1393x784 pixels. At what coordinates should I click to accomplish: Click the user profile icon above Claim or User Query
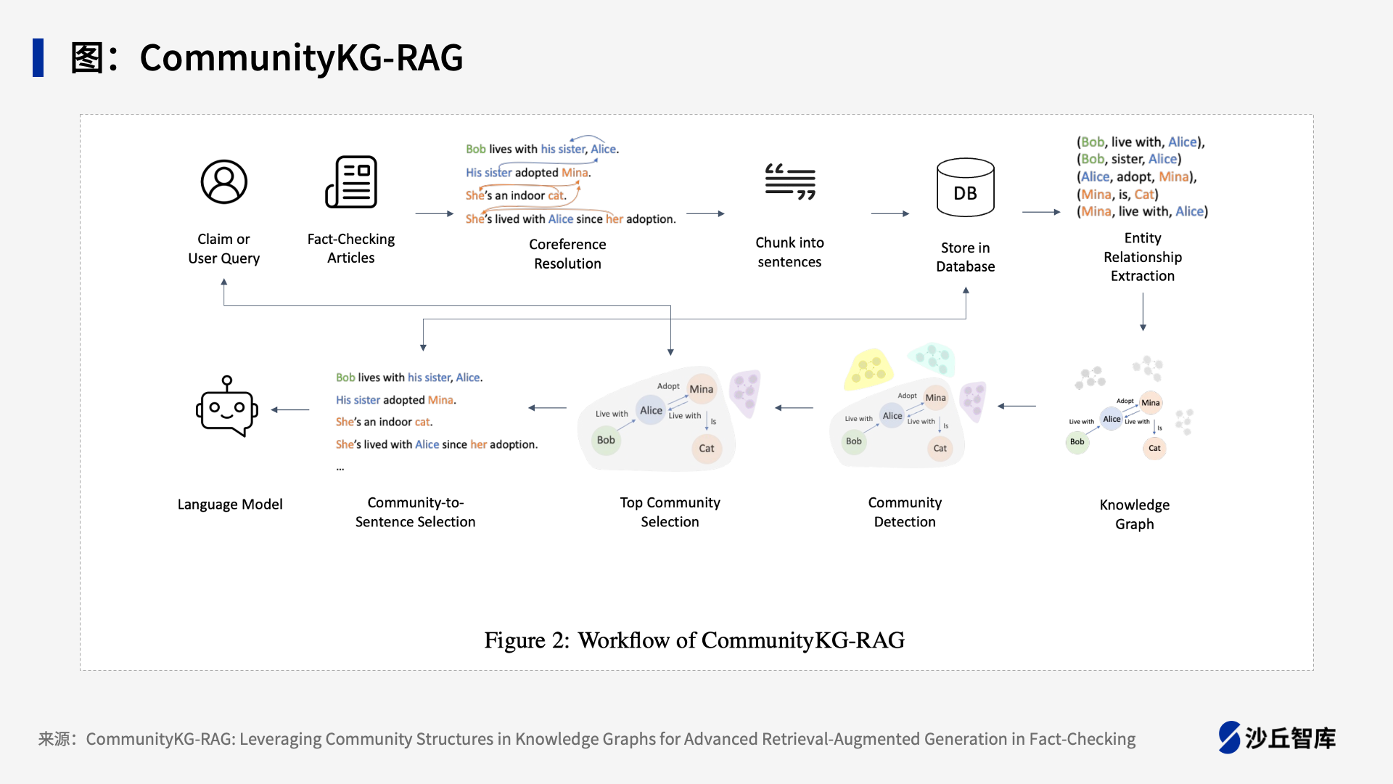click(x=224, y=181)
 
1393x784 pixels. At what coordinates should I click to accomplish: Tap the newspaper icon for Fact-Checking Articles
click(x=351, y=181)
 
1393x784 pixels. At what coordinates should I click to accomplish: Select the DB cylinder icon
click(x=966, y=187)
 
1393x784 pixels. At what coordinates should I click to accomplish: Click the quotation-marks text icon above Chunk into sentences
click(x=790, y=181)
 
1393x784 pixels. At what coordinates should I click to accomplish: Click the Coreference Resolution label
click(x=567, y=254)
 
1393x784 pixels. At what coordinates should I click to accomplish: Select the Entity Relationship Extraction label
click(x=1143, y=257)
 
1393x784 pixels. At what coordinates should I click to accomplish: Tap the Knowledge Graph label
click(x=1135, y=514)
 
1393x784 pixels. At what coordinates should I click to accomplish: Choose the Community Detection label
click(x=905, y=512)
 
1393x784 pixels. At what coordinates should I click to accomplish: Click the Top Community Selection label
click(x=670, y=512)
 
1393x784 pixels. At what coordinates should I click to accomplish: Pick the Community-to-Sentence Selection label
click(x=415, y=512)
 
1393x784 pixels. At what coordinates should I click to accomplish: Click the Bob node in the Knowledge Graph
click(x=1077, y=442)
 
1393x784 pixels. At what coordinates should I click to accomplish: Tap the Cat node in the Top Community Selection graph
click(x=707, y=449)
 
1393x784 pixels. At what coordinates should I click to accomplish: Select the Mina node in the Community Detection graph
click(x=936, y=398)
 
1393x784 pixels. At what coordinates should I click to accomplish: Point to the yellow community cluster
click(x=868, y=369)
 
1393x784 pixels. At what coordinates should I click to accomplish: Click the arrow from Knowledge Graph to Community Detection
click(x=1017, y=407)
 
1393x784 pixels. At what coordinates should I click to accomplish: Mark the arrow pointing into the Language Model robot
click(x=290, y=410)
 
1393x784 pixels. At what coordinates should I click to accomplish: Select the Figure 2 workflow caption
click(x=694, y=640)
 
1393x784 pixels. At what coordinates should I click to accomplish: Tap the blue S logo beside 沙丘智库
click(x=1229, y=738)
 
